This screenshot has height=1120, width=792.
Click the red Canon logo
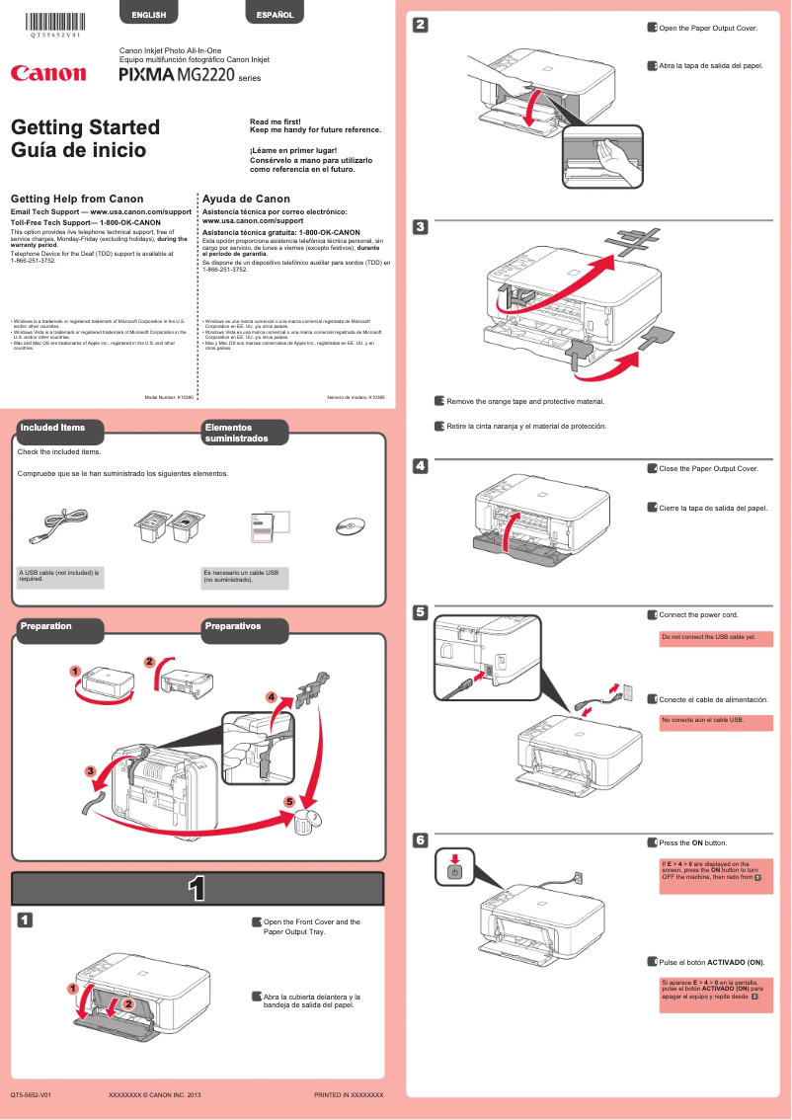tap(48, 73)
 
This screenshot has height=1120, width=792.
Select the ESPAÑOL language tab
tap(275, 15)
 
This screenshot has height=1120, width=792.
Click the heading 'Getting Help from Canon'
tap(76, 199)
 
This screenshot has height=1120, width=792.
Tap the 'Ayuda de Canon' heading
tap(246, 199)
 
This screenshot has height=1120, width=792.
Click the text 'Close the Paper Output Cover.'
tap(708, 468)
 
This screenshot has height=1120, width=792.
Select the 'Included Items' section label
tap(51, 428)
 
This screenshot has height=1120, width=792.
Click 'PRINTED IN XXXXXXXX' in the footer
tap(348, 1095)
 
